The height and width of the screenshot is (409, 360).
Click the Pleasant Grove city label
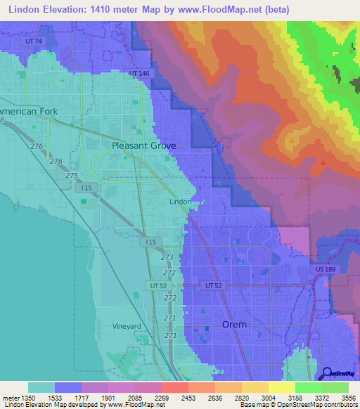tap(144, 145)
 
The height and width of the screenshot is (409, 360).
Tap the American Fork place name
tap(29, 112)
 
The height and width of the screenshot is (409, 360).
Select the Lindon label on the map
tap(181, 201)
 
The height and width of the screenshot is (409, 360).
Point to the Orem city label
tap(234, 325)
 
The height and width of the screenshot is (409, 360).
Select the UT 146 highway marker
tap(140, 73)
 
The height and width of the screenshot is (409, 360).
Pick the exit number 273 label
tap(167, 257)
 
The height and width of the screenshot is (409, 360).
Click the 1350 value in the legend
tap(27, 398)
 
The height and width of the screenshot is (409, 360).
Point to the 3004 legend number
tap(255, 398)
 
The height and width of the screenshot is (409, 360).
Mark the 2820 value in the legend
tap(228, 398)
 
